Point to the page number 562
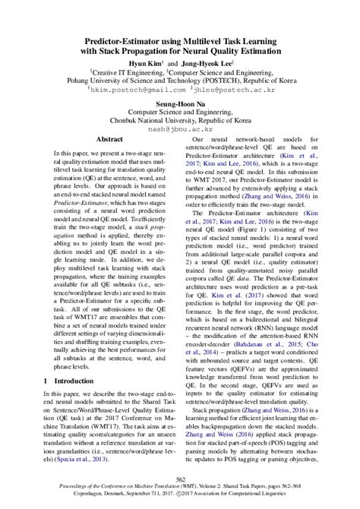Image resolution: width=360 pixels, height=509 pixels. [x=180, y=478]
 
